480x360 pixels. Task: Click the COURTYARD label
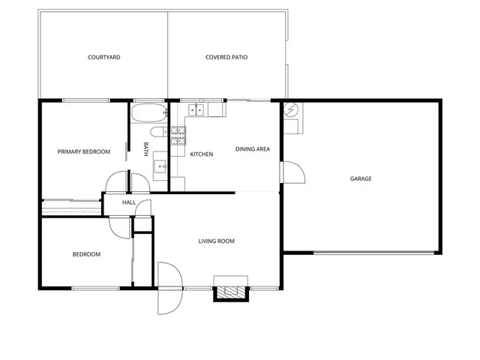[103, 57]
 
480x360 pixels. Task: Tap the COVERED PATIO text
[226, 57]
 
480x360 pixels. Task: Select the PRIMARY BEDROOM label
[84, 151]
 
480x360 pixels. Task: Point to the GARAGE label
[361, 178]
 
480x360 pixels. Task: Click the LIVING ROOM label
[216, 241]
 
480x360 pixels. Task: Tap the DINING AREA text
[253, 149]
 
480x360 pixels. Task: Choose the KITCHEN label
[201, 154]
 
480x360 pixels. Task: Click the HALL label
[129, 202]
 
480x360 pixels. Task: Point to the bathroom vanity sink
[160, 165]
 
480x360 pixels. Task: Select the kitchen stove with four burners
[178, 136]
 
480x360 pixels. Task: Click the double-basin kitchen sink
[196, 110]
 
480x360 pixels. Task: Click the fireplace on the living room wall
[230, 292]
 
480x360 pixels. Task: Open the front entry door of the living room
[169, 288]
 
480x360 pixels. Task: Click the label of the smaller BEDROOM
[86, 254]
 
